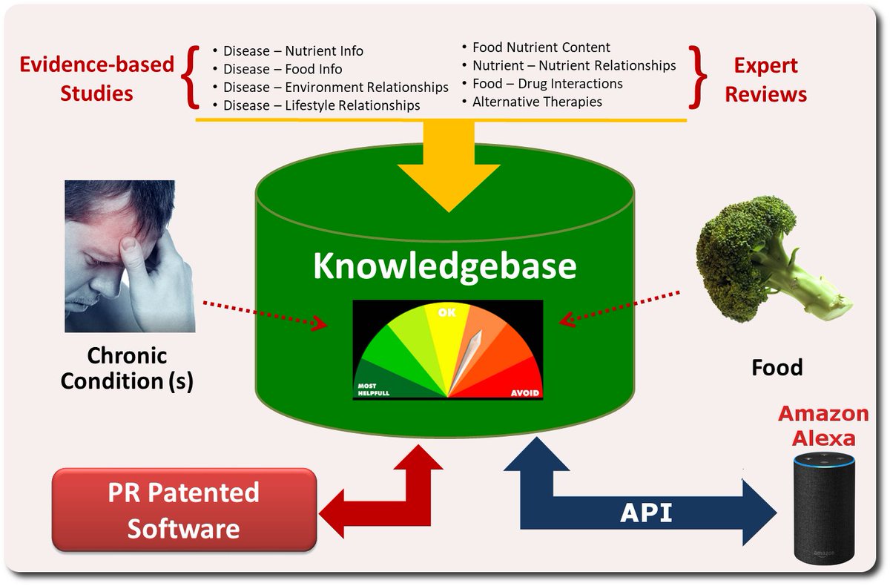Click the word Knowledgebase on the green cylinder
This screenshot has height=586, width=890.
coord(444,266)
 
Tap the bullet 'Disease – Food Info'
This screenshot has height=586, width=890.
coord(283,69)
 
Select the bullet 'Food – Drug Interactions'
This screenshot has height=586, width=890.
coord(547,83)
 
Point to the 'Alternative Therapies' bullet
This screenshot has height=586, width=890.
coord(537,102)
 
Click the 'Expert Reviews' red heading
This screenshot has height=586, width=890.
coord(765,80)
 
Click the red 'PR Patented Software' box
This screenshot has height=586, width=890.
coord(183,510)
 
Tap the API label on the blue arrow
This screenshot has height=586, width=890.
coord(645,513)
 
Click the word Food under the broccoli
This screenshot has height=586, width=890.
coord(777,366)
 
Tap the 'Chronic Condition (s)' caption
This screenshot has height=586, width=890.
coord(127,368)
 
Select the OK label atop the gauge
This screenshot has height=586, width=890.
coord(446,313)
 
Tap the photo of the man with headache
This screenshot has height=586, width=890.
coord(130,256)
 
